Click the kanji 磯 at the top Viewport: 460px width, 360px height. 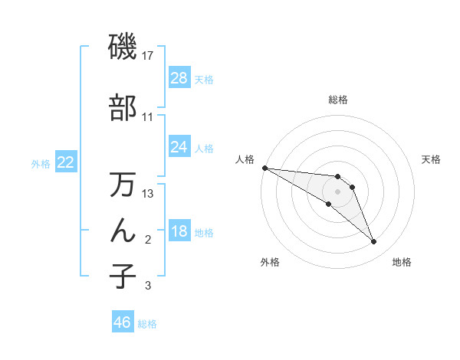coord(123,47)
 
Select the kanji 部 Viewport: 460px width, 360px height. coord(123,108)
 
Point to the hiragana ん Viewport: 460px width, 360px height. coord(123,230)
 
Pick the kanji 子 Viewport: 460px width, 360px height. coord(123,276)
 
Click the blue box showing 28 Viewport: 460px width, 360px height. coord(179,78)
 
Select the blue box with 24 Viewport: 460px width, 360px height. coord(179,147)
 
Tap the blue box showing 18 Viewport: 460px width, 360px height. coord(179,232)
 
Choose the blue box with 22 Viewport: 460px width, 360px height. coord(66,162)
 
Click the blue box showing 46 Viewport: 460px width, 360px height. coord(123,322)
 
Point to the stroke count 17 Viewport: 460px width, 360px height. coord(148,56)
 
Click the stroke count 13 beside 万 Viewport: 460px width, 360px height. coord(148,194)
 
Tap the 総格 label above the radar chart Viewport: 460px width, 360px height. coord(338,100)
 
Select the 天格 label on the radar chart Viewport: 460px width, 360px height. coord(432,159)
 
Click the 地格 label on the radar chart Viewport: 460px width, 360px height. coord(402,262)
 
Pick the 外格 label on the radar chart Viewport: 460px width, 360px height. coord(270,262)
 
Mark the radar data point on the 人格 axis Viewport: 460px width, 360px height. coord(264,168)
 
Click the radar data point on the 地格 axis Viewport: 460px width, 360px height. coord(374,242)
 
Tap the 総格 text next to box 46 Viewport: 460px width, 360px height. coord(148,324)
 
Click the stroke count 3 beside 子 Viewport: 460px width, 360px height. coord(148,286)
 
